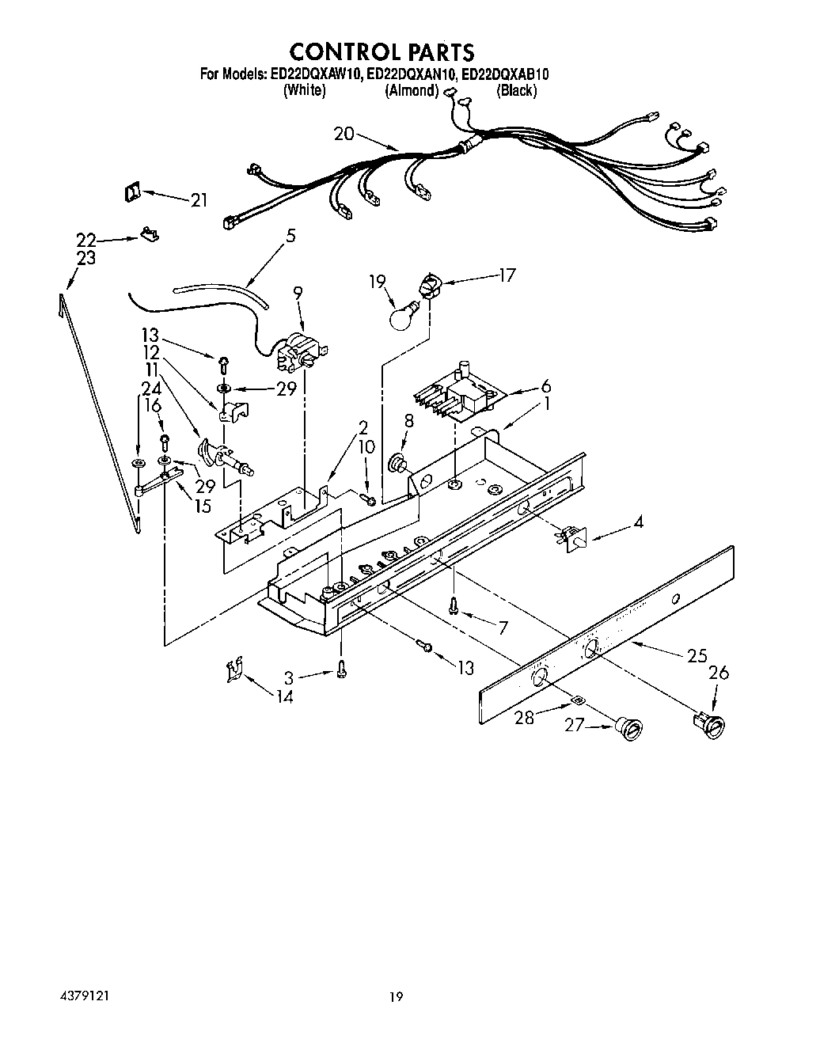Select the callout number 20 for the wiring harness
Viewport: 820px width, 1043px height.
pos(344,134)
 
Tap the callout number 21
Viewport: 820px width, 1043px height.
pos(199,200)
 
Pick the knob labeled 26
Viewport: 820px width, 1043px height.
pos(708,723)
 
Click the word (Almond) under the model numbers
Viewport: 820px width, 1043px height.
pos(412,91)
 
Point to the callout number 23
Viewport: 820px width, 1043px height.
pos(86,258)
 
